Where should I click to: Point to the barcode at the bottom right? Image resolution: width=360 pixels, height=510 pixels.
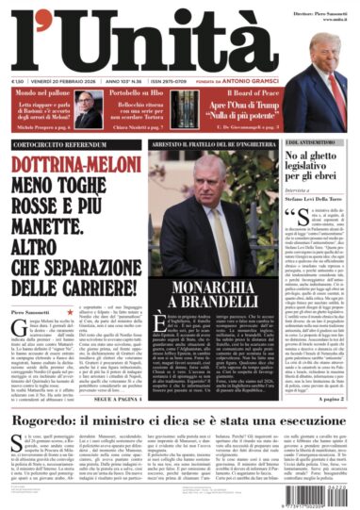click(323, 493)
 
